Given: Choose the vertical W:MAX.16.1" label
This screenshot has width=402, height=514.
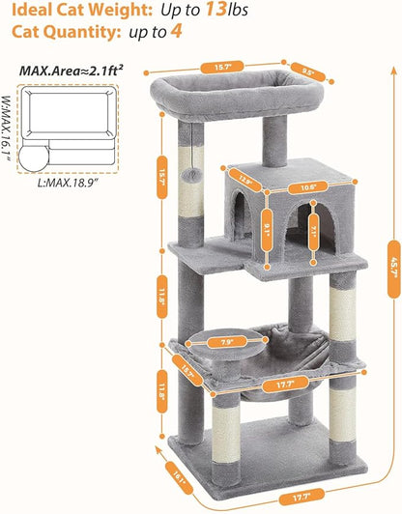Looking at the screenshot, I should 8,126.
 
